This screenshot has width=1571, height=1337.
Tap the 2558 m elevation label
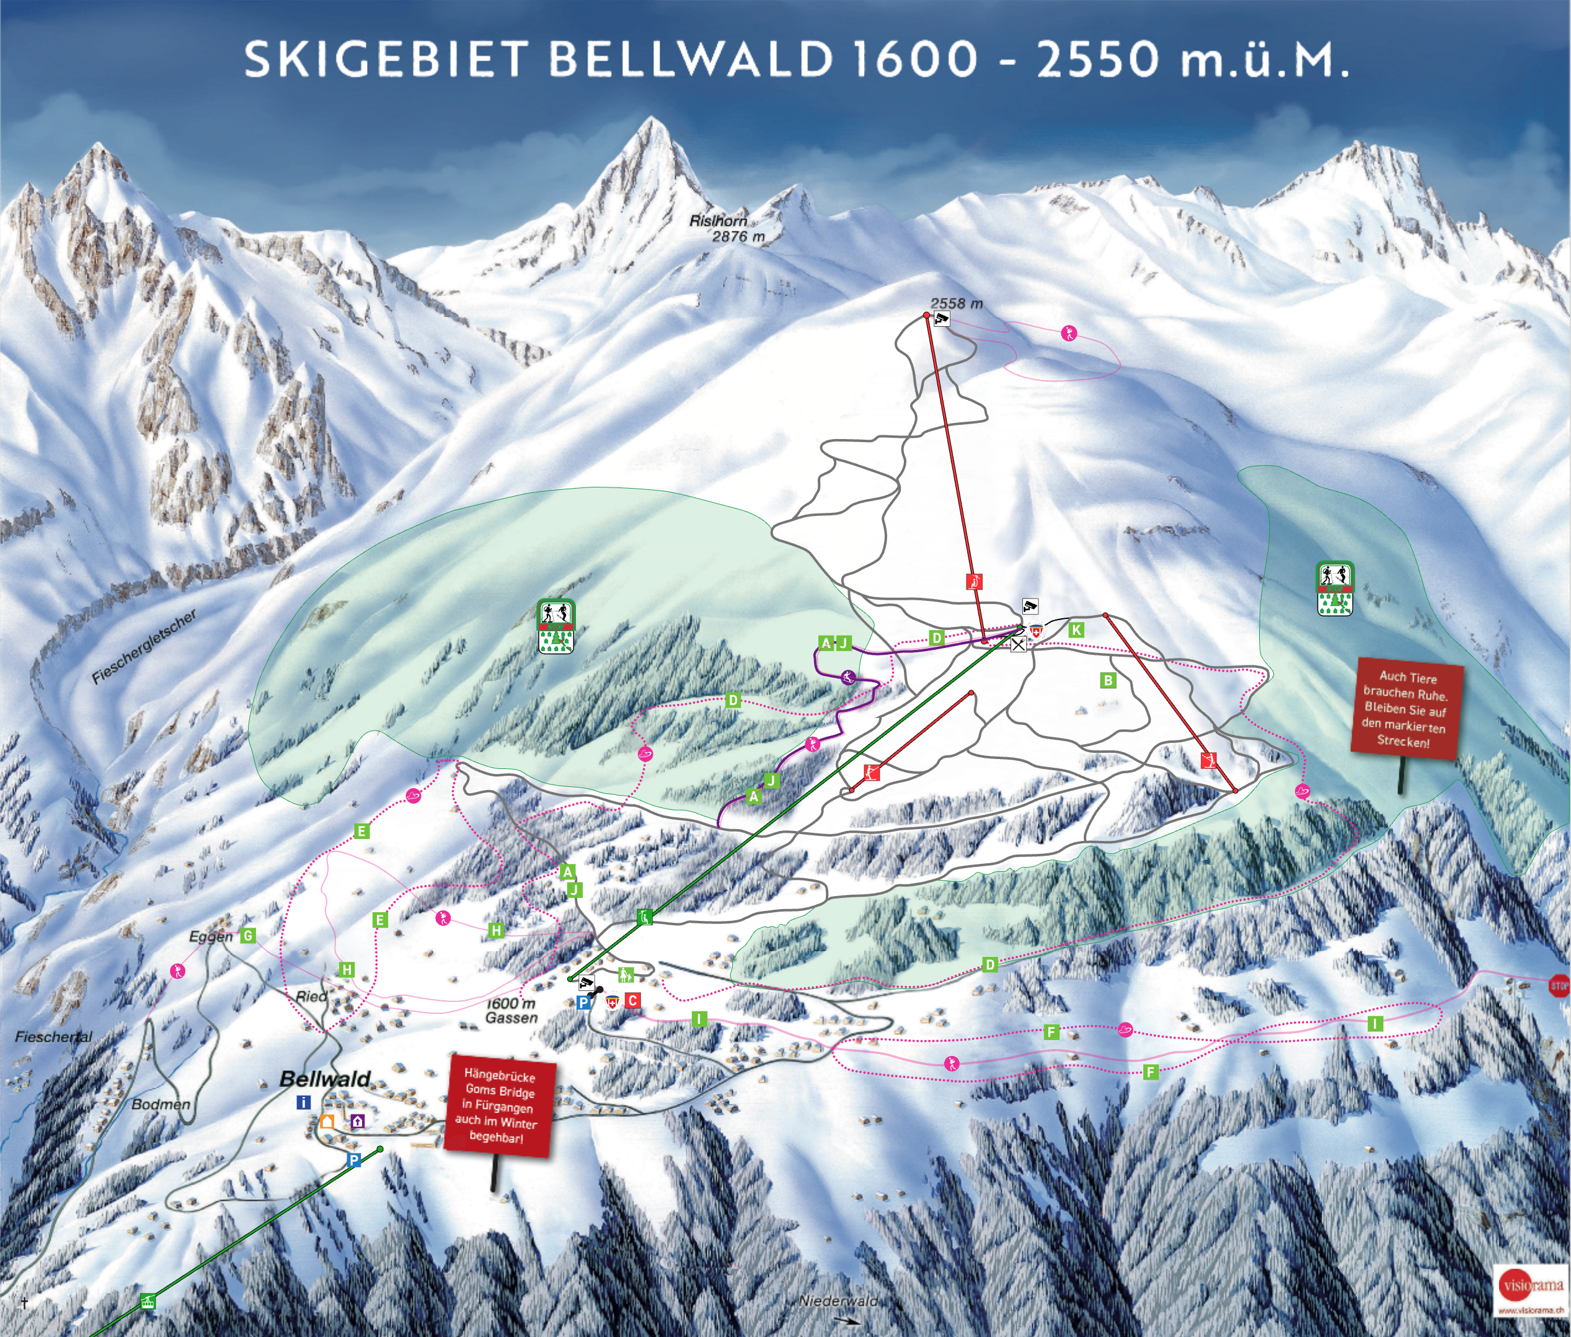(x=957, y=303)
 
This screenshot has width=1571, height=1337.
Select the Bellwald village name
(x=325, y=1078)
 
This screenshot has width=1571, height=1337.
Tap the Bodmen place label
(x=161, y=1104)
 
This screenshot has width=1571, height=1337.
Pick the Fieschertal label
(x=53, y=1036)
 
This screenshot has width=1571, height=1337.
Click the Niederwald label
(x=838, y=1300)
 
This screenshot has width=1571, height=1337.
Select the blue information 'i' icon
(x=304, y=1103)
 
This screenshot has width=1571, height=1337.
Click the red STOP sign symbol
(x=1559, y=986)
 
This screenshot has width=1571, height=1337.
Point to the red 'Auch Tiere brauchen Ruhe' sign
(x=1407, y=709)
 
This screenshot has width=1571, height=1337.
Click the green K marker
(x=1076, y=629)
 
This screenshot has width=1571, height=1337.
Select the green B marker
(x=1108, y=680)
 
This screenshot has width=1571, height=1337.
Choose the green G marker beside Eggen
(x=248, y=936)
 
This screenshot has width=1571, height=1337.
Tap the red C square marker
(x=632, y=1000)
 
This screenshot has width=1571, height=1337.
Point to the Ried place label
(x=311, y=996)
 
